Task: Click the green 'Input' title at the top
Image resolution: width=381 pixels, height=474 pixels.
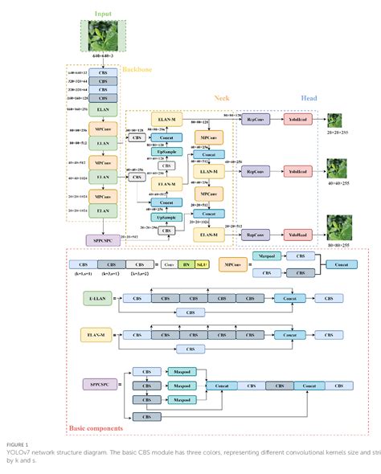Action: (103, 14)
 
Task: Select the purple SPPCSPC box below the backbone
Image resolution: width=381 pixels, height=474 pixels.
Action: (103, 239)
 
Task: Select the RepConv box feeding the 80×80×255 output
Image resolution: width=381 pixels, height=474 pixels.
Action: (256, 235)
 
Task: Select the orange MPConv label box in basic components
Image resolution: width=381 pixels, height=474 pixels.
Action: (234, 264)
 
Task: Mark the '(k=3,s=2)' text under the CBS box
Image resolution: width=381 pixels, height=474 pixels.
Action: (139, 275)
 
